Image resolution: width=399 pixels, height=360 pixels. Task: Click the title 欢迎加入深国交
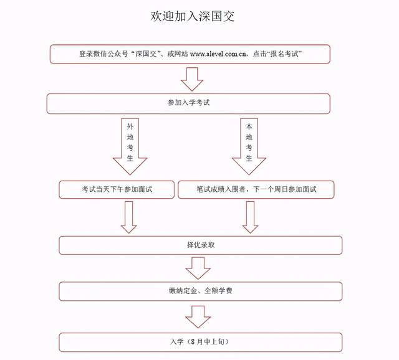pyautogui.click(x=192, y=16)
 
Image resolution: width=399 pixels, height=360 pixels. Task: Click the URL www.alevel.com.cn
pyautogui.click(x=218, y=54)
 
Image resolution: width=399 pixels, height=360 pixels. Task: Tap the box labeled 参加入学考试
pyautogui.click(x=188, y=103)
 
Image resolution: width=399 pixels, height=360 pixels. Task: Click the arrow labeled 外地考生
pyautogui.click(x=130, y=146)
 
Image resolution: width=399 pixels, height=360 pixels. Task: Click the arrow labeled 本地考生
pyautogui.click(x=249, y=146)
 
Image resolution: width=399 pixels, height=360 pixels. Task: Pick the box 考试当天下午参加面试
pyautogui.click(x=117, y=190)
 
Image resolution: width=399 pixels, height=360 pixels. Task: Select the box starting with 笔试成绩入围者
pyautogui.click(x=256, y=190)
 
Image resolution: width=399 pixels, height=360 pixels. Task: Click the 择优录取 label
pyautogui.click(x=201, y=245)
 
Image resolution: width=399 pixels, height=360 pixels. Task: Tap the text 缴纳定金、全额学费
pyautogui.click(x=201, y=291)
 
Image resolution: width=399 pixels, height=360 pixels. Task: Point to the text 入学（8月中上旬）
pyautogui.click(x=199, y=341)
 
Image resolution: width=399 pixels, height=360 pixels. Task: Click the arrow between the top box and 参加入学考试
pyautogui.click(x=192, y=79)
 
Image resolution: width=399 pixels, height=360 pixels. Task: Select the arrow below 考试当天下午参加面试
pyautogui.click(x=129, y=217)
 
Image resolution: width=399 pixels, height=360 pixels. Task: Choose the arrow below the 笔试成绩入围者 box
pyautogui.click(x=251, y=217)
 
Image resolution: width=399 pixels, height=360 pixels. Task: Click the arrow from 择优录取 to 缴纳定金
pyautogui.click(x=198, y=268)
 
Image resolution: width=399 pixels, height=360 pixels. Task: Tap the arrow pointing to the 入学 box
pyautogui.click(x=198, y=317)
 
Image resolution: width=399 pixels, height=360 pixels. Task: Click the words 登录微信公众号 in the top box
pyautogui.click(x=103, y=54)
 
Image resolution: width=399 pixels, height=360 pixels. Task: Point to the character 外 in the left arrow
pyautogui.click(x=130, y=126)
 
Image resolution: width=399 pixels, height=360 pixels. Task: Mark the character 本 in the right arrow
pyautogui.click(x=249, y=126)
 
